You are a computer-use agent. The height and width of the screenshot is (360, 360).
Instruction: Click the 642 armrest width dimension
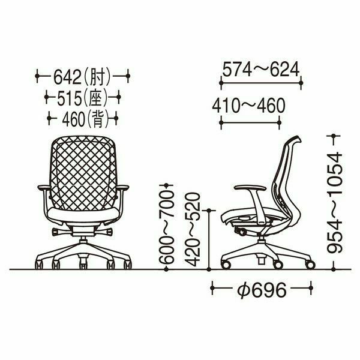[67, 77]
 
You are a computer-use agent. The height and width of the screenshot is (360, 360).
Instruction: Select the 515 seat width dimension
[70, 98]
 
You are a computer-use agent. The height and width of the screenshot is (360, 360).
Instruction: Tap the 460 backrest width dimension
[74, 119]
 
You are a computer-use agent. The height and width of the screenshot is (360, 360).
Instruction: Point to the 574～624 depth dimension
[261, 69]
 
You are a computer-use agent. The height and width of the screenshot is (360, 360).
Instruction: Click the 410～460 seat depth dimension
[248, 106]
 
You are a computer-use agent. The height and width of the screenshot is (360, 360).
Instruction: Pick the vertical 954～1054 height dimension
[335, 203]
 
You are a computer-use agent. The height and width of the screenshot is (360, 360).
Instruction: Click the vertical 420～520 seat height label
[193, 230]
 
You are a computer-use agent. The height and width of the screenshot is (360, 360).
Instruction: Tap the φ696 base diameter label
[262, 290]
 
